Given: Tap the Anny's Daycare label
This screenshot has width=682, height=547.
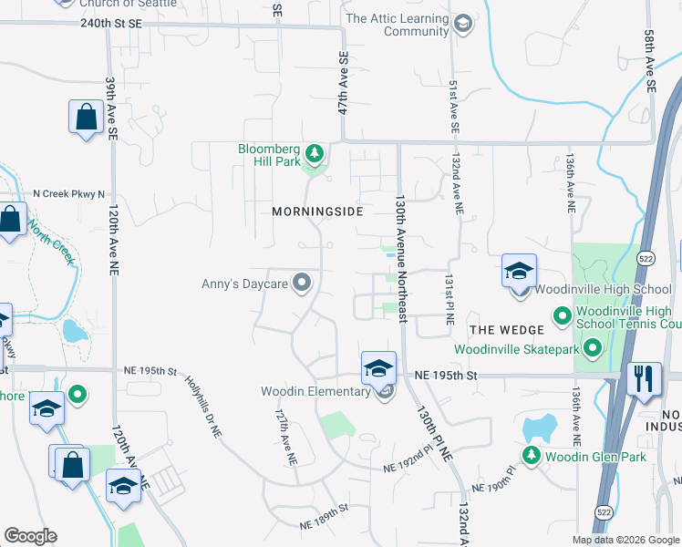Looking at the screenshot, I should tap(244, 284).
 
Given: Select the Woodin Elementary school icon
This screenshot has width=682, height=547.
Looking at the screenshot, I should tap(378, 368).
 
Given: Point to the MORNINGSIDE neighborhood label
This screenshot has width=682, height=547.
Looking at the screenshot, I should tap(317, 212).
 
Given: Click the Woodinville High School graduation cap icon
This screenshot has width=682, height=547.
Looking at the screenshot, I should tap(519, 272).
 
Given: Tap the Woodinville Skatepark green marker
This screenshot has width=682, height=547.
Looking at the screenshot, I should tap(594, 347).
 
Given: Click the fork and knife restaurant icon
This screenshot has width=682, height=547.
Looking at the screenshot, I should tap(644, 377).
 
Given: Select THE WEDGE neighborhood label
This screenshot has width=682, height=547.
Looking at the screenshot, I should tap(494, 329).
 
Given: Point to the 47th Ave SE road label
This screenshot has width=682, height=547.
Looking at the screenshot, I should tap(344, 82).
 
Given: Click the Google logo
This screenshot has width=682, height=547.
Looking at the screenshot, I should tap(30, 536).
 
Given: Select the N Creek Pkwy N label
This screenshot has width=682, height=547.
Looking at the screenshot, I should tap(69, 193).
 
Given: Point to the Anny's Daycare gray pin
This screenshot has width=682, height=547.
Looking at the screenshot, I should tap(302, 283).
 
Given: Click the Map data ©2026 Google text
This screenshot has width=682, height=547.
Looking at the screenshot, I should tap(625, 540).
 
